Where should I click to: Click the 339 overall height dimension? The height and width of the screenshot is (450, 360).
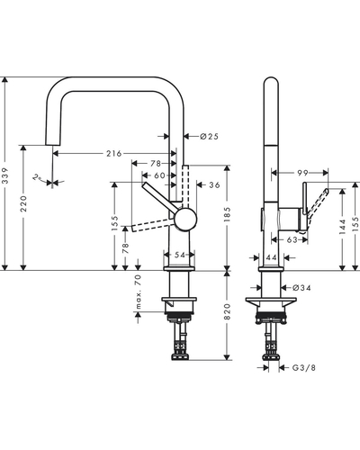tap(5, 179)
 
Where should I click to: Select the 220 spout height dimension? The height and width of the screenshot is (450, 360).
tap(23, 203)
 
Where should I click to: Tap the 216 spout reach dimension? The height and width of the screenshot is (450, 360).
tap(114, 154)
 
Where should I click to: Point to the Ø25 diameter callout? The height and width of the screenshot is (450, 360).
tap(210, 137)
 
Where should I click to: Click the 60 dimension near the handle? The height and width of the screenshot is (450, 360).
tap(159, 175)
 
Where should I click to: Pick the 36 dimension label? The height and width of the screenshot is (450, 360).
tap(214, 185)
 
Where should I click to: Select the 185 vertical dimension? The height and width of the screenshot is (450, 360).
tap(227, 214)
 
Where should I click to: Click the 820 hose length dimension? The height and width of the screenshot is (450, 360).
tap(227, 311)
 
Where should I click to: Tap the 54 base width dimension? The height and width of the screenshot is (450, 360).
tap(180, 255)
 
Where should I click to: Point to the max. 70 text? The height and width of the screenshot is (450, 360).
tap(138, 292)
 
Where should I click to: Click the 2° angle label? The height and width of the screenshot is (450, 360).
tap(37, 177)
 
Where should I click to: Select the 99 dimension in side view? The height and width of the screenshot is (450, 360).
tap(302, 173)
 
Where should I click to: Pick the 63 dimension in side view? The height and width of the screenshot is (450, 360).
tap(292, 239)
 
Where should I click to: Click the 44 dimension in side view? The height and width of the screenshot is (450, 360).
tap(271, 257)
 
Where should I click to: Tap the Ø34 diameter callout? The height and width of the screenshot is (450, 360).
tap(301, 288)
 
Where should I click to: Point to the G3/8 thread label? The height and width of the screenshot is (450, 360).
tap(304, 367)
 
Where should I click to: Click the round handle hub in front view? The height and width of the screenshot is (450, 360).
tap(185, 220)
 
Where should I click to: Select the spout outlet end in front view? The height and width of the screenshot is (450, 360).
tap(53, 145)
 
